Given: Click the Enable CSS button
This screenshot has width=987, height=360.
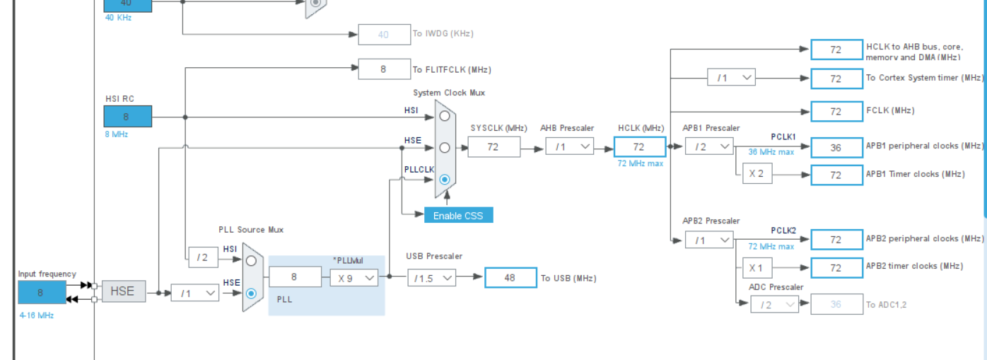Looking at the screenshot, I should [458, 215].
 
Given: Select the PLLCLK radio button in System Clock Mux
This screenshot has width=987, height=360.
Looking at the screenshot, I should [444, 180].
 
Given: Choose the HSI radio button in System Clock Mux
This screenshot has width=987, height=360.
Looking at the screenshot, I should [444, 115].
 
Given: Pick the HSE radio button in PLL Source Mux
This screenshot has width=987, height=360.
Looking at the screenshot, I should [251, 292].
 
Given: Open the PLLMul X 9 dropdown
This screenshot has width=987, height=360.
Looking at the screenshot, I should [354, 278].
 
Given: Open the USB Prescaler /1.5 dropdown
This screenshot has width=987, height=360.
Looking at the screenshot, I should [431, 278].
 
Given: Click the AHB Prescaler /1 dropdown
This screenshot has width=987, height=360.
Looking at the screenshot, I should [569, 146].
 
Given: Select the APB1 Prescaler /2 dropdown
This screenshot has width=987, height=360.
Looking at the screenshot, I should [709, 146].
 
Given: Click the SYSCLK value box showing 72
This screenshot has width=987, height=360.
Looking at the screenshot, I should [493, 146].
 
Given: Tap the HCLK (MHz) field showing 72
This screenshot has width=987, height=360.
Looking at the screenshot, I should [639, 146].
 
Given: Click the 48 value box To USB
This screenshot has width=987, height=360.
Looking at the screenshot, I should [510, 278].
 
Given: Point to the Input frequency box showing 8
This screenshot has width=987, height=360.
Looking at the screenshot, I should [41, 292].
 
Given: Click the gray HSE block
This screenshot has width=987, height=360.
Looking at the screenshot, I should [123, 291].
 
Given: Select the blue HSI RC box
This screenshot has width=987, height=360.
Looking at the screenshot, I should [127, 116].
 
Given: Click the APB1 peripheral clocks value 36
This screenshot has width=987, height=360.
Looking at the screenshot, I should [836, 147].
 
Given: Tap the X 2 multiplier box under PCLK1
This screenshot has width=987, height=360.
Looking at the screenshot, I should [757, 174].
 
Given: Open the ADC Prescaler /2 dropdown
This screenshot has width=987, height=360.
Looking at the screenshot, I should [775, 304].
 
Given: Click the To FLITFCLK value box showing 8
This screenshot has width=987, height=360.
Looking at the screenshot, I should [384, 69].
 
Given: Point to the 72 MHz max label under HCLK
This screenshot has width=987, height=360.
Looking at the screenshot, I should [640, 163].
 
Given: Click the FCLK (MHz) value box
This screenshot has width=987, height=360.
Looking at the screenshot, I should [836, 111].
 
